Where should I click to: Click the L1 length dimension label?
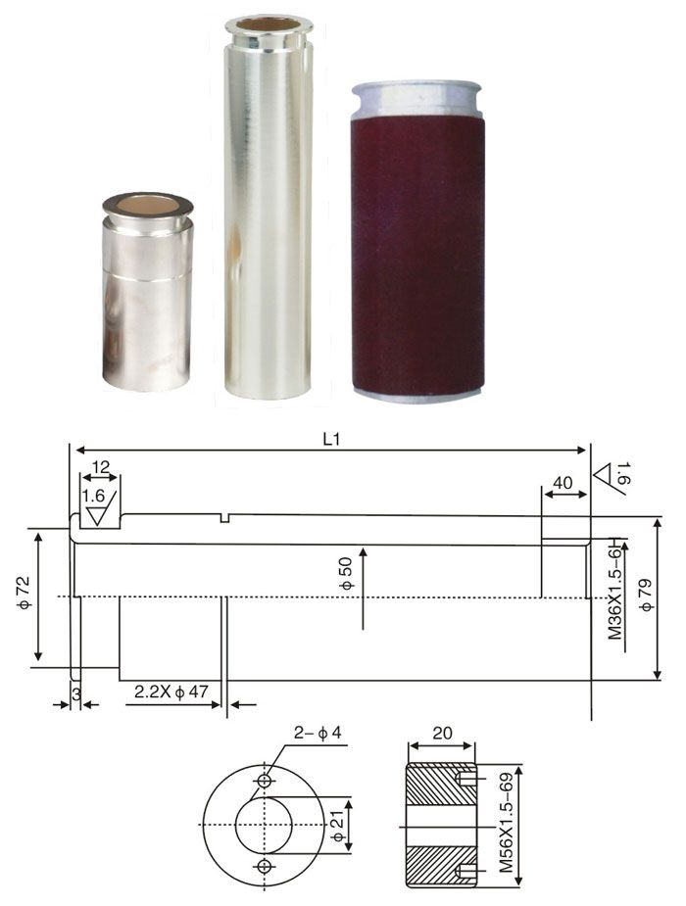(331, 440)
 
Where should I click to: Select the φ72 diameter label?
(24, 594)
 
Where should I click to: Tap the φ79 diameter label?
(646, 595)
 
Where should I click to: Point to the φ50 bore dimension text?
(346, 574)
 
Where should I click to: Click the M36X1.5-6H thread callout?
(615, 589)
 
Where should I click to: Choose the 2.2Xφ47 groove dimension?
(171, 691)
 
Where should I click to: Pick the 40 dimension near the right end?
(563, 483)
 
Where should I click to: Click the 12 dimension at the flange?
(101, 467)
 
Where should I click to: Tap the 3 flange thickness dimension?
(75, 691)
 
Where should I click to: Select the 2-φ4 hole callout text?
(318, 734)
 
